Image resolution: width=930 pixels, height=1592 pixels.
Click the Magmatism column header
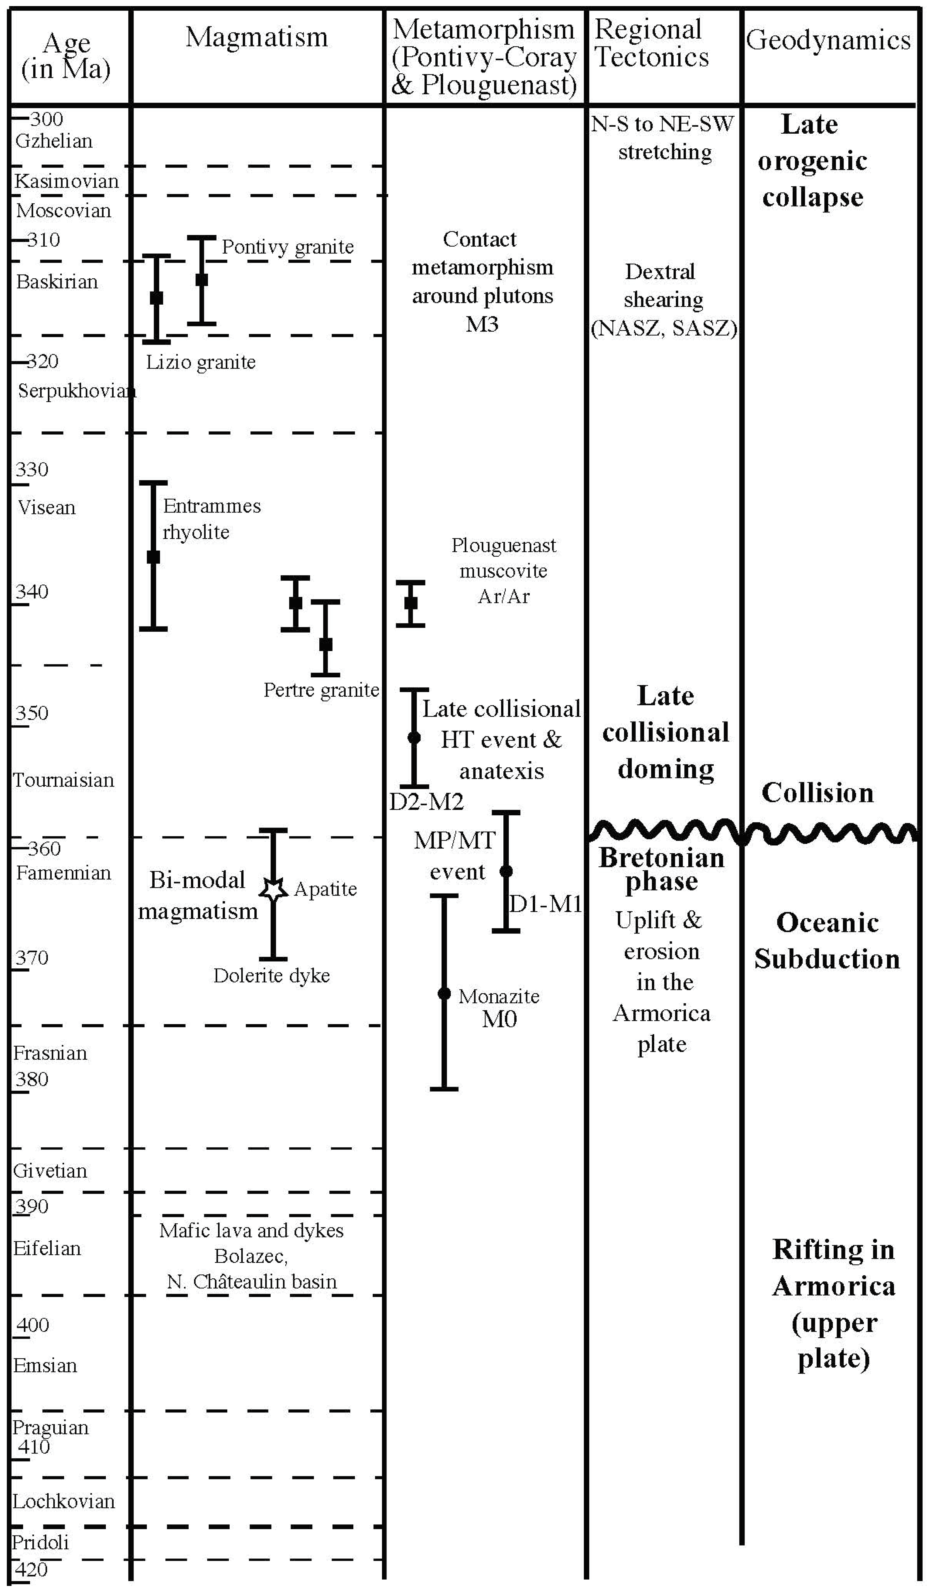coord(256,38)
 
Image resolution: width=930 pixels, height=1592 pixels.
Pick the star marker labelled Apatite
coord(273,890)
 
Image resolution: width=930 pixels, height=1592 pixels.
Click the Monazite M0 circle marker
coord(444,994)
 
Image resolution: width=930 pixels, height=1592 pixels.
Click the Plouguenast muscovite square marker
coord(410,603)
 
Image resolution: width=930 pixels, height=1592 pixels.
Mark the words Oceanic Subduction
coord(827,941)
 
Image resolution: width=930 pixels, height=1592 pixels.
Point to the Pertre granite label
coord(321,690)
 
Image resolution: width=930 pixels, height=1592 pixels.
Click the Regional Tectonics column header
coord(652,43)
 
